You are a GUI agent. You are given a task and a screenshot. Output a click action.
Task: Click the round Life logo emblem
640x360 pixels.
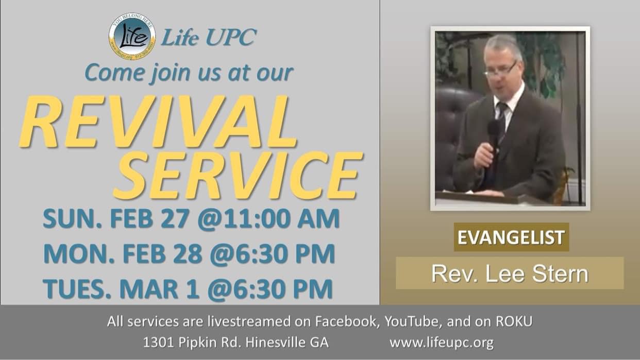tap(132, 38)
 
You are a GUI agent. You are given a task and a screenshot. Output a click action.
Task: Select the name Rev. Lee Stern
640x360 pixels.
tap(509, 273)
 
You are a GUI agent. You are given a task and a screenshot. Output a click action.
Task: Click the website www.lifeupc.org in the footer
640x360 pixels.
tap(441, 342)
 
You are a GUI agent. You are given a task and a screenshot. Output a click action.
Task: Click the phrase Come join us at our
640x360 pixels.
tap(189, 73)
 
